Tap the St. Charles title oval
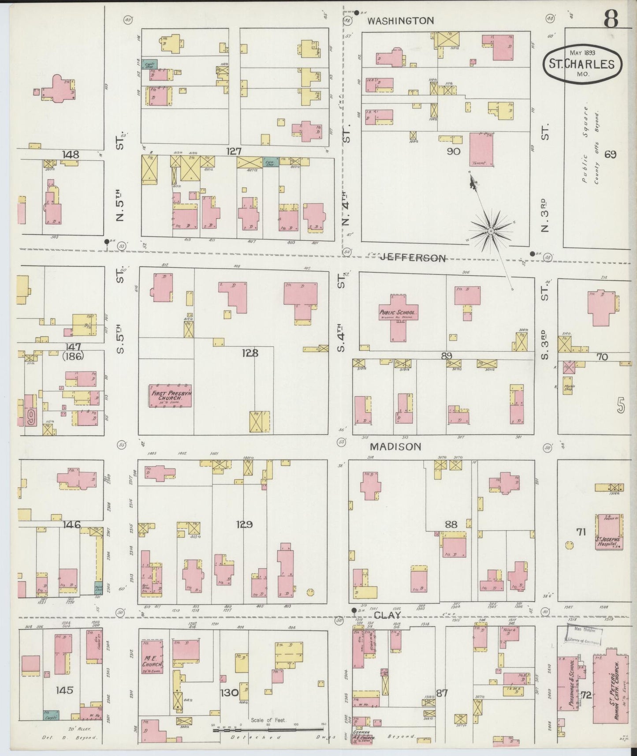pyautogui.click(x=582, y=64)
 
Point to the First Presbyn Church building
pyautogui.click(x=170, y=396)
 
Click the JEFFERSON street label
pyautogui.click(x=413, y=258)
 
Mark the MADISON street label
pyautogui.click(x=395, y=446)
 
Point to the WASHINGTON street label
pyautogui.click(x=400, y=20)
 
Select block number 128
pyautogui.click(x=250, y=353)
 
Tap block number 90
pyautogui.click(x=453, y=151)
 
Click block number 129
pyautogui.click(x=244, y=524)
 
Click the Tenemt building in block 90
pyautogui.click(x=481, y=150)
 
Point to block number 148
pyautogui.click(x=71, y=154)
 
